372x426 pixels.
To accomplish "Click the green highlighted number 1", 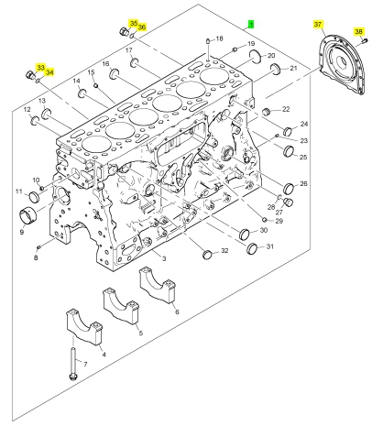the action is pyautogui.click(x=251, y=24).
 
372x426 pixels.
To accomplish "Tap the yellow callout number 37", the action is pyautogui.click(x=318, y=24).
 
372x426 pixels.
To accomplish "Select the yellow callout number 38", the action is pyautogui.click(x=358, y=31).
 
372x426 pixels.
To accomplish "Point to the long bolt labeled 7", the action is pyautogui.click(x=73, y=364).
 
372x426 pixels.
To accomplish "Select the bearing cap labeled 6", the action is pyautogui.click(x=158, y=285).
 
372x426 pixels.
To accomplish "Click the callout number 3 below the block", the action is pyautogui.click(x=164, y=258).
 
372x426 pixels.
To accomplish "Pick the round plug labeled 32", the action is pyautogui.click(x=208, y=254).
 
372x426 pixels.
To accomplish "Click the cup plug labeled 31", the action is pyautogui.click(x=252, y=249).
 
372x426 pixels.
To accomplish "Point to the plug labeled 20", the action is pyautogui.click(x=255, y=56).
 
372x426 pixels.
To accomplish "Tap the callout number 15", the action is pyautogui.click(x=92, y=72).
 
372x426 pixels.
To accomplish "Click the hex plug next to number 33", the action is pyautogui.click(x=30, y=74).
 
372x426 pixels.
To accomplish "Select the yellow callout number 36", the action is pyautogui.click(x=141, y=27).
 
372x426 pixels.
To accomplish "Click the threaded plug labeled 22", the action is pyautogui.click(x=267, y=112).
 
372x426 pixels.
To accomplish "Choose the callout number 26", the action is pyautogui.click(x=303, y=183).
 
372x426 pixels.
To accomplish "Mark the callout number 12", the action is pyautogui.click(x=27, y=109).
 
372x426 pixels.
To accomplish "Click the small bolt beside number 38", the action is pyautogui.click(x=364, y=39).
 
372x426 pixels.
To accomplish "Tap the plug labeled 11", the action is pyautogui.click(x=34, y=197).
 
